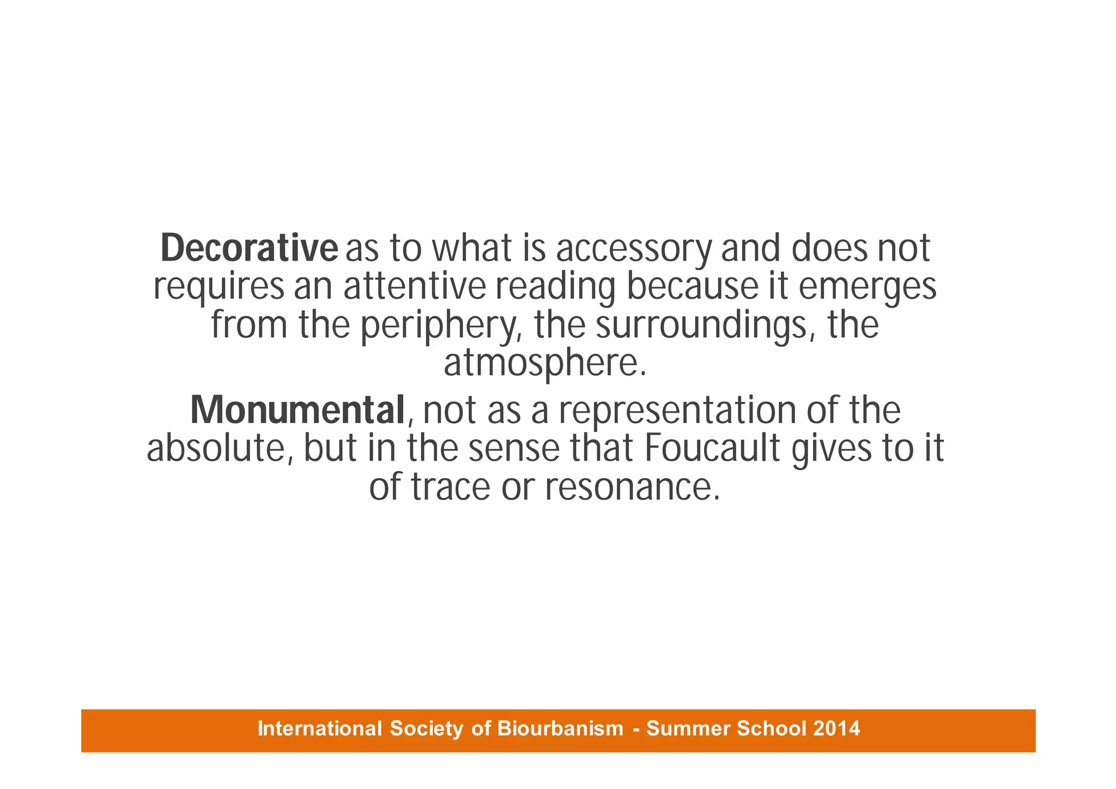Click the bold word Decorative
coord(249,248)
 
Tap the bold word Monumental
coord(298,410)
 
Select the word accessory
coord(634,249)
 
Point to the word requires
coord(219,287)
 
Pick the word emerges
coord(868,287)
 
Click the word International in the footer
coord(319,728)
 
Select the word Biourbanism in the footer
coord(560,728)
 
